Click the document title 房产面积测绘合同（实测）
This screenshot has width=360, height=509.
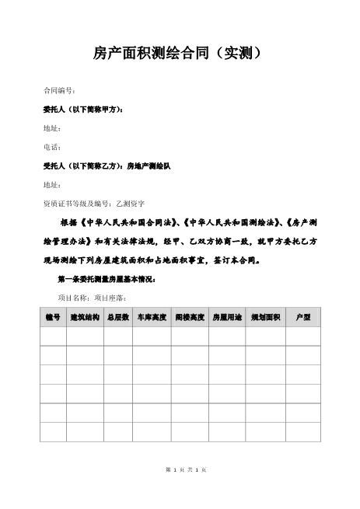pos(180,54)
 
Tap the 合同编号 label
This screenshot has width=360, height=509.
pos(58,91)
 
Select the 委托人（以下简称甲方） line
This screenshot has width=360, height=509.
pos(82,110)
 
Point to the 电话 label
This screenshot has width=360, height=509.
pos(51,147)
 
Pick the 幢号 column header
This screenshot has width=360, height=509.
pos(53,318)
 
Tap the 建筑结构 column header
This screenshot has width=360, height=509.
pos(85,318)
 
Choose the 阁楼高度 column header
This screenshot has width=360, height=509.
pos(190,318)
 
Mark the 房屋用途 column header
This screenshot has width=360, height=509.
pos(228,318)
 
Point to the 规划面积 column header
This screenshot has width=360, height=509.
pos(264,318)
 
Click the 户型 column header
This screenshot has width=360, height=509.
pos(302,318)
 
